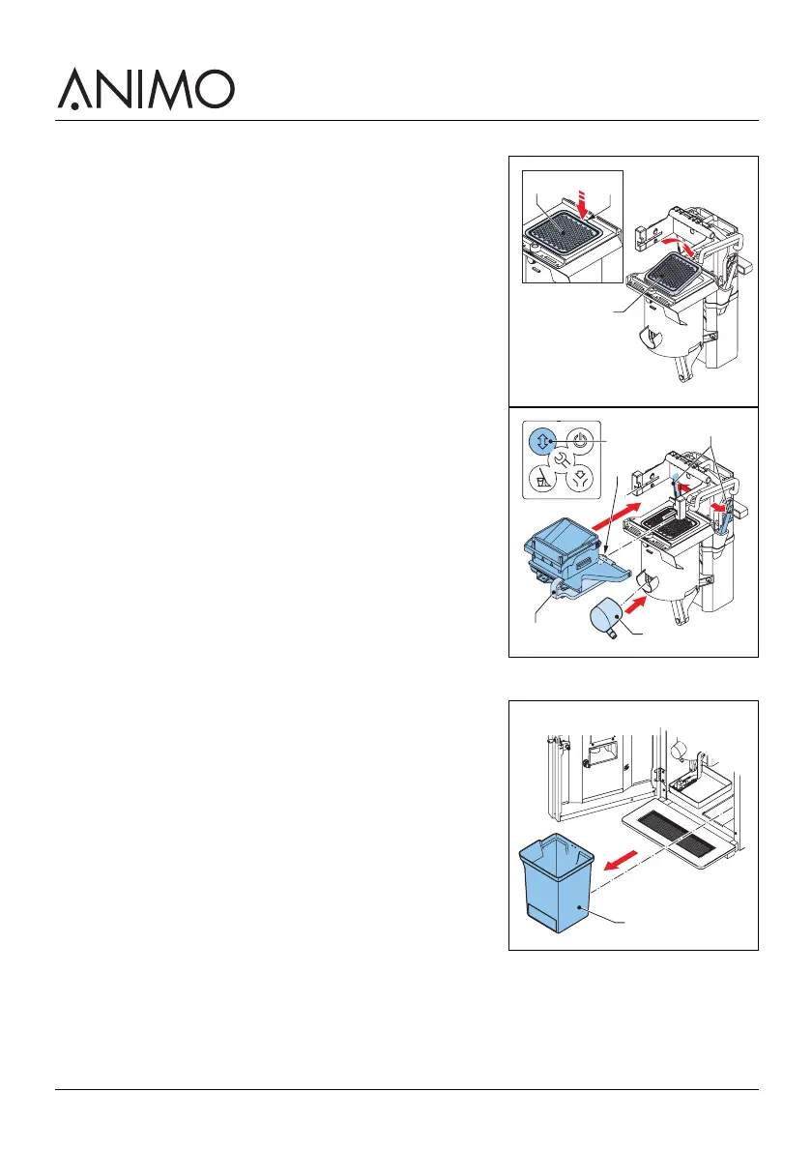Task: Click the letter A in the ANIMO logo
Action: (x=75, y=91)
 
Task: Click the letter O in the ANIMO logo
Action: (x=214, y=90)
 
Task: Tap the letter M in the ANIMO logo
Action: (x=165, y=90)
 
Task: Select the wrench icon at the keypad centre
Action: (x=562, y=458)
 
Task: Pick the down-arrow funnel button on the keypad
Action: (x=579, y=478)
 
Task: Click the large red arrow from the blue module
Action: (x=616, y=516)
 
